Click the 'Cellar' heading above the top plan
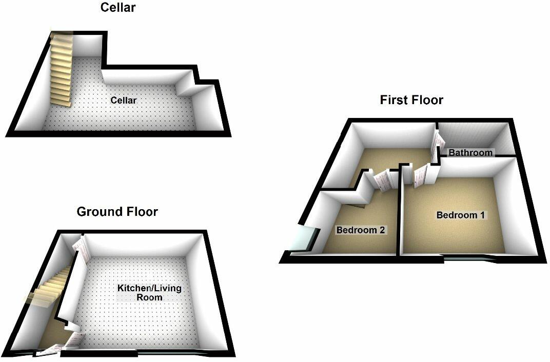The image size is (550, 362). (x=118, y=8)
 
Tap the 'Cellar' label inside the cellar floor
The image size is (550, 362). (x=124, y=100)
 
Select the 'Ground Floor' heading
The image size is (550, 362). (x=117, y=211)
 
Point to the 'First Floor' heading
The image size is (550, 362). (x=411, y=99)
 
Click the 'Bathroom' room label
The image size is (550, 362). (x=470, y=152)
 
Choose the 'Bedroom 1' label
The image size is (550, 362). (x=460, y=215)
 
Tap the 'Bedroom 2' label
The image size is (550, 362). (x=360, y=230)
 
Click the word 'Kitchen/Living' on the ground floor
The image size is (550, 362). (x=149, y=288)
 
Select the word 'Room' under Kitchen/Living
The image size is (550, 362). (x=149, y=297)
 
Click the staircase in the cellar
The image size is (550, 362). (x=61, y=69)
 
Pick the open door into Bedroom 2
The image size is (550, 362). (x=382, y=180)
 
